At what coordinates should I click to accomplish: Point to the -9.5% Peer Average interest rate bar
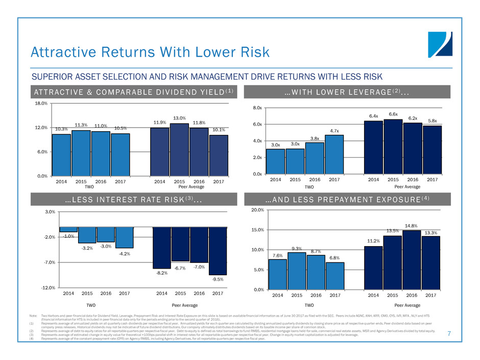pos(218,251)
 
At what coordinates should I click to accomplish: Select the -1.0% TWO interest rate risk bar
pos(68,229)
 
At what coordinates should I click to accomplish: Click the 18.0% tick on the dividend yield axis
pos(41,103)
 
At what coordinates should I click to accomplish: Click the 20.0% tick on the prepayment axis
pos(256,210)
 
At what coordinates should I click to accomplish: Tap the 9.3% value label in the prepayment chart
pos(297,248)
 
